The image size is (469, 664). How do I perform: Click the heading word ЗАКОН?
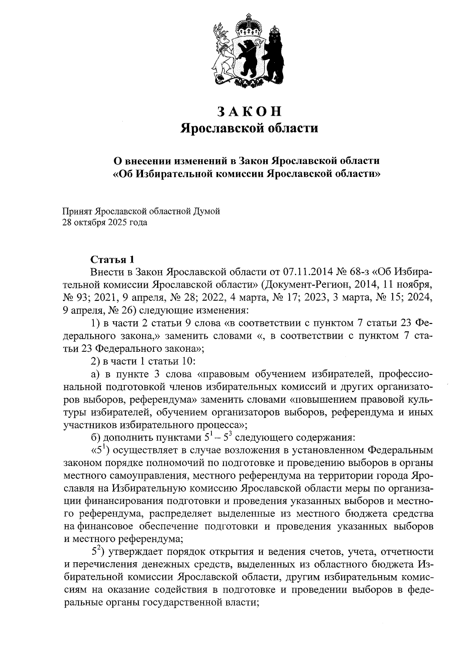(249, 112)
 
